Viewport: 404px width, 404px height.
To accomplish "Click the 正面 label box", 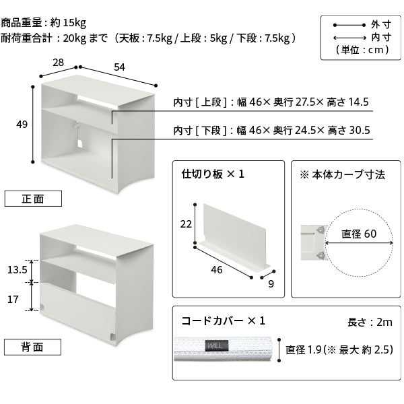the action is click(33, 199).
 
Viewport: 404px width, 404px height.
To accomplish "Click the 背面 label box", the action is click(32, 347).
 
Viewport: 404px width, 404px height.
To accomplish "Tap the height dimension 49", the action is click(22, 125).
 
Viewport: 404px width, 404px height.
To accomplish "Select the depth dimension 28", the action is click(58, 63).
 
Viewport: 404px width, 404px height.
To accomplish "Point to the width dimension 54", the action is click(119, 67).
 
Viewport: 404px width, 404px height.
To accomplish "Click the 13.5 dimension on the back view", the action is click(18, 270).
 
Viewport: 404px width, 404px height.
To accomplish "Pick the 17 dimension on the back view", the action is click(13, 300).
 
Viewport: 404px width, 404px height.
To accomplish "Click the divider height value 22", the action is click(186, 224).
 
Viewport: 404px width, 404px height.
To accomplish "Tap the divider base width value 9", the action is click(271, 284).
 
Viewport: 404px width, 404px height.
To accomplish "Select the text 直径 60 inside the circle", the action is click(359, 234).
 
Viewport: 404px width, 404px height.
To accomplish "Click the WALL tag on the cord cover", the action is click(217, 346).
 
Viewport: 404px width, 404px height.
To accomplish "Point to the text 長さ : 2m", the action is click(370, 322).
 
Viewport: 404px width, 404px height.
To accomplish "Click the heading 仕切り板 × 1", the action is click(213, 174).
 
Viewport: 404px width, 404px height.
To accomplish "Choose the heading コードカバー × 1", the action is click(223, 321).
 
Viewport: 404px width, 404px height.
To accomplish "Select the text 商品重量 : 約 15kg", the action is click(44, 23).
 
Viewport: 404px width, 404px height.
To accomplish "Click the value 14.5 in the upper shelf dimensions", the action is click(358, 102).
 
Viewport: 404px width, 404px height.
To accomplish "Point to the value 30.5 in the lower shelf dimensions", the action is click(360, 130).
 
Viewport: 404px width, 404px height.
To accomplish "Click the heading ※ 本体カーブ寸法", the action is click(342, 175).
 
